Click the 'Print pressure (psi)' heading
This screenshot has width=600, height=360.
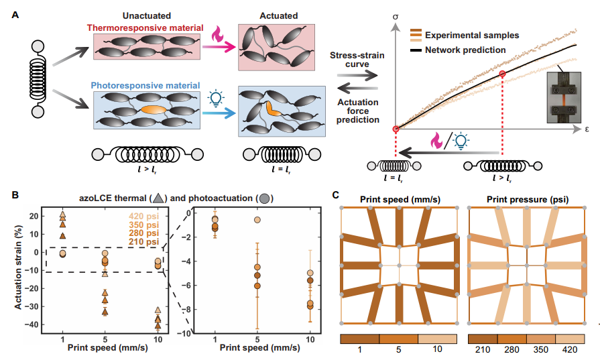pos(526,199)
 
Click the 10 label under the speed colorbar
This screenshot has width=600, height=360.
pos(437,349)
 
